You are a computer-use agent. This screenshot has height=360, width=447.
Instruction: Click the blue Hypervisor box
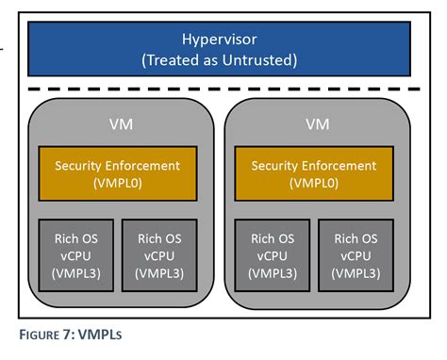coord(218,50)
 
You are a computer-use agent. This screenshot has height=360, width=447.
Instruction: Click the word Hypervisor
coord(218,40)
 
